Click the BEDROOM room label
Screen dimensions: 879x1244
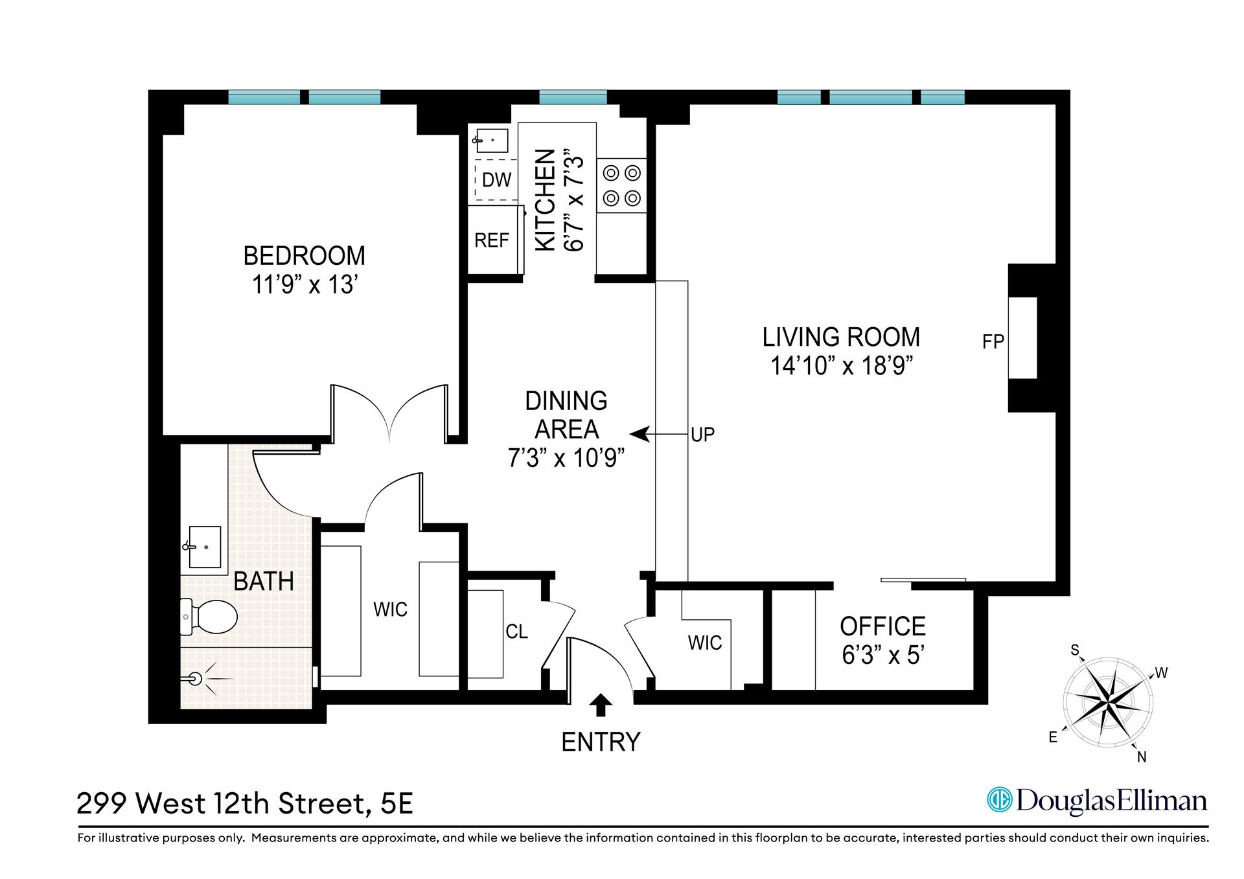(x=304, y=256)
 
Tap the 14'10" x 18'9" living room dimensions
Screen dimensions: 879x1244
(x=841, y=367)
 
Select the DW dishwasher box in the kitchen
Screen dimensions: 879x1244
(x=496, y=179)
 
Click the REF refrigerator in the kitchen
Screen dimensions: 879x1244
(x=492, y=240)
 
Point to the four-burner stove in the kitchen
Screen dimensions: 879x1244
(x=621, y=185)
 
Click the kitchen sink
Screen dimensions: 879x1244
(x=492, y=139)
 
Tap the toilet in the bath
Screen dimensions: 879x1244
(x=209, y=617)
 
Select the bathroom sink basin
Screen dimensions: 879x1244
(x=205, y=547)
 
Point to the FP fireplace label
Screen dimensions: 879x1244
(x=993, y=341)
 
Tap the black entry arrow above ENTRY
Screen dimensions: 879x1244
(x=601, y=705)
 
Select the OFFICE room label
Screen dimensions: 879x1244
(x=882, y=626)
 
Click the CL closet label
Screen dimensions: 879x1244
(x=516, y=632)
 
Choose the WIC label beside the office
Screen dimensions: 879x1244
(x=705, y=643)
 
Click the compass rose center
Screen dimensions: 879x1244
(x=1107, y=703)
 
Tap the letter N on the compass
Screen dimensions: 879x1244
(x=1142, y=757)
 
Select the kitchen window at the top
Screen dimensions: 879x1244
(x=573, y=98)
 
